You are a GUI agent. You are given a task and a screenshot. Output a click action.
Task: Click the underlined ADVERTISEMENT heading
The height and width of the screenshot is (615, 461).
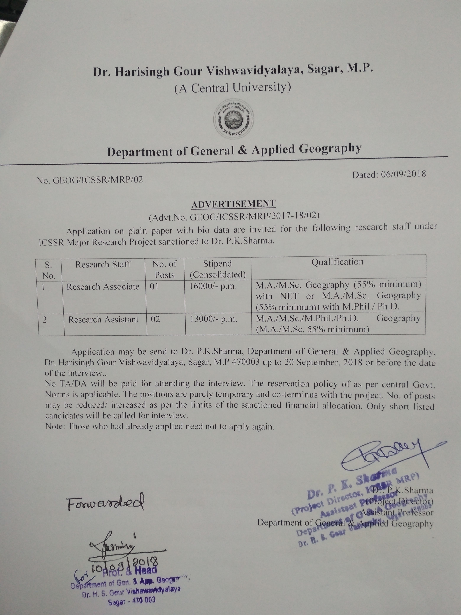coord(233,204)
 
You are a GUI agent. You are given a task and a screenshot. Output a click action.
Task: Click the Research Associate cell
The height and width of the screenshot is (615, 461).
coord(103,287)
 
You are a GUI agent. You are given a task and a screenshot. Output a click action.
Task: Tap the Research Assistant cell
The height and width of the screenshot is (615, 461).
coord(103,319)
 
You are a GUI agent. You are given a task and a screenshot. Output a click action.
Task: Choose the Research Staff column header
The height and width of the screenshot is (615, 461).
coord(103,264)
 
